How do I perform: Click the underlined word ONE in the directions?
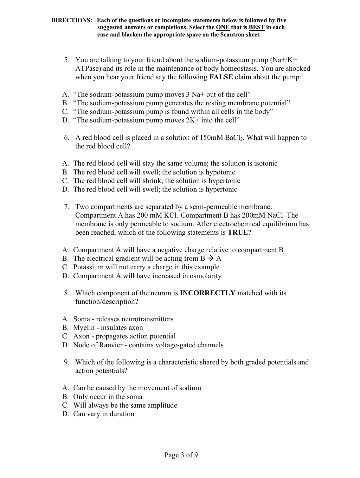222,27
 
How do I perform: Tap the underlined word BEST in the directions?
257,27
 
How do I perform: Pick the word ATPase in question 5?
87,69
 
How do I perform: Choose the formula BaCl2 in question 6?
234,138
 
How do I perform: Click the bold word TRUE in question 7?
238,232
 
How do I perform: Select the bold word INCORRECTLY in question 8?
208,293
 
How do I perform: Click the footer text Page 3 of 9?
181,455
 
